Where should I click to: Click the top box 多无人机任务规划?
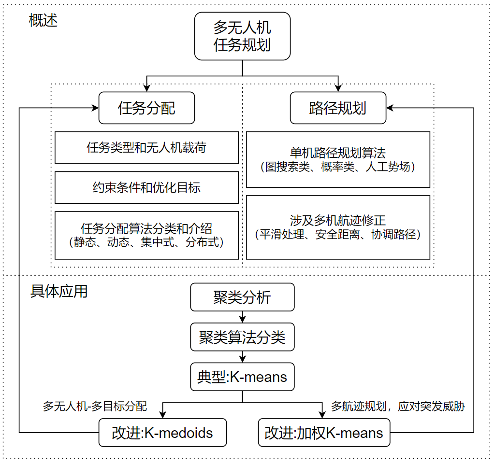[x=242, y=36]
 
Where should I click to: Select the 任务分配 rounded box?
[x=146, y=108]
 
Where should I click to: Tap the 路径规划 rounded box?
[x=338, y=108]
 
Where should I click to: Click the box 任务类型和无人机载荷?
[x=146, y=147]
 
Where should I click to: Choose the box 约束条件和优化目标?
[x=146, y=187]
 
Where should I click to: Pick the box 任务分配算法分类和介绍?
[x=146, y=235]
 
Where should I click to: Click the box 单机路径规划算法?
[x=338, y=159]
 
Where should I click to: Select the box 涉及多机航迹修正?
[x=338, y=227]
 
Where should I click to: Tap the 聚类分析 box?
[x=242, y=297]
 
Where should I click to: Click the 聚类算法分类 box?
[x=242, y=337]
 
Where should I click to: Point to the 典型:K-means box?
[x=242, y=377]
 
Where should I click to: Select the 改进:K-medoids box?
[x=162, y=433]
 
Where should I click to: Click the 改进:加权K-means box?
[x=324, y=433]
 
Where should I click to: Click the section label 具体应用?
[x=59, y=291]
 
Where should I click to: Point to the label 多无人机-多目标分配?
[x=94, y=406]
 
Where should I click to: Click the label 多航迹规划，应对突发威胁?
[x=398, y=406]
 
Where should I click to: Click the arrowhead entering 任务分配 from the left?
[x=95, y=108]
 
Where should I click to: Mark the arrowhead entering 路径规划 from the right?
[x=390, y=108]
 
